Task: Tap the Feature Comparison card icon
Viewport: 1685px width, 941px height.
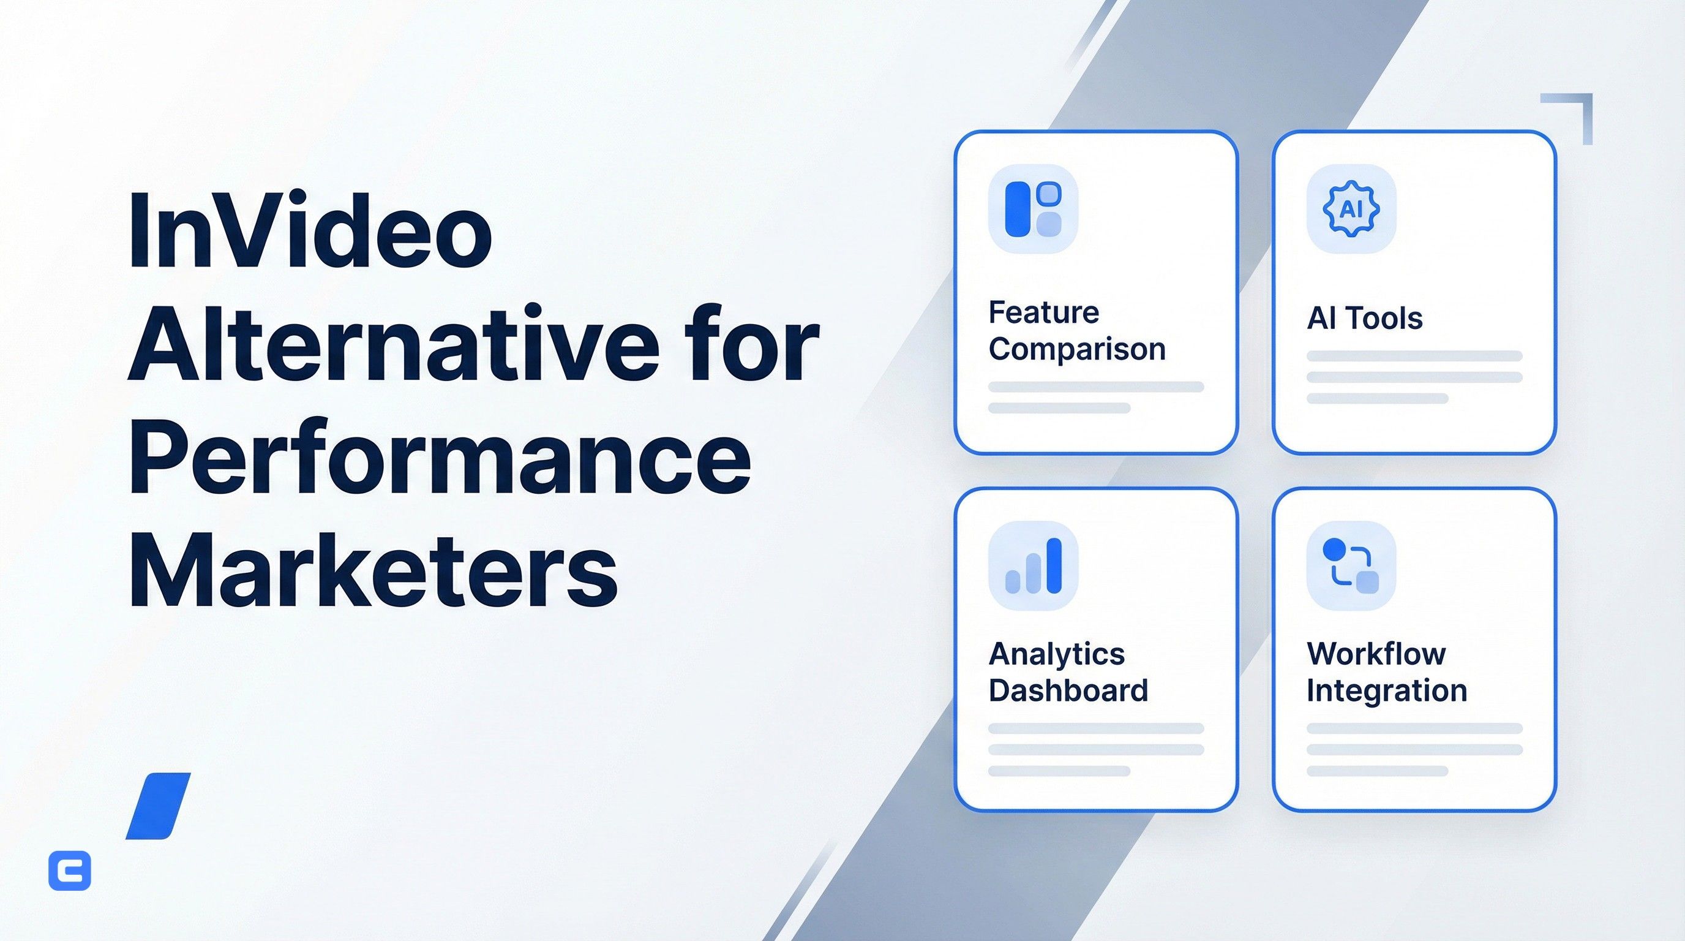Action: (x=1033, y=210)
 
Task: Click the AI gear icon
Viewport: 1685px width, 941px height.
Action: (x=1351, y=210)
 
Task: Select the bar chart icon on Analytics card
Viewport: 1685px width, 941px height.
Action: (x=1033, y=566)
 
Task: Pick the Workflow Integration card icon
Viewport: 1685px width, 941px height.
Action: (x=1351, y=566)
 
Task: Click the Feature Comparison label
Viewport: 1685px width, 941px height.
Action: (x=1076, y=330)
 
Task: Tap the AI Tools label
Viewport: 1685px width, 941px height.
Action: (x=1365, y=319)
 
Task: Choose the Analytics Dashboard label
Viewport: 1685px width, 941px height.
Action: (x=1068, y=672)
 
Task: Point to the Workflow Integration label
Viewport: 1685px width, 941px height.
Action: (x=1387, y=672)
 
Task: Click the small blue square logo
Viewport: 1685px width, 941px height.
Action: (x=70, y=871)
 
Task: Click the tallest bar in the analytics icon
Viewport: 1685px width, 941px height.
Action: (x=1054, y=565)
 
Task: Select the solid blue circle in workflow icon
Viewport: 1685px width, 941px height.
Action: (x=1334, y=550)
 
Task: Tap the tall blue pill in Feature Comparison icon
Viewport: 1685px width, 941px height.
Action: (x=1018, y=210)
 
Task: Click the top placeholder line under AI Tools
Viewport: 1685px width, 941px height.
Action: (x=1414, y=356)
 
